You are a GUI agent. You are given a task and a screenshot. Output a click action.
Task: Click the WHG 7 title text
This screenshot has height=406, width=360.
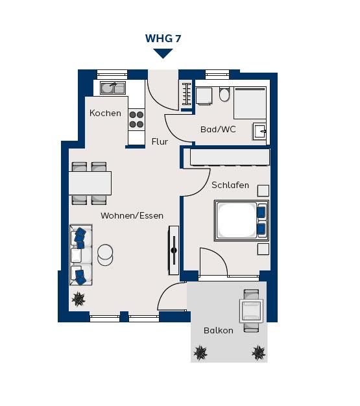163,38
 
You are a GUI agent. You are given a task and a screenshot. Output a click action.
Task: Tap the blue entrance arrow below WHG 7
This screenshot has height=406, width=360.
163,54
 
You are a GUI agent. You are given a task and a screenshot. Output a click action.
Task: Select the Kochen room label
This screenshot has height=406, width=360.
105,113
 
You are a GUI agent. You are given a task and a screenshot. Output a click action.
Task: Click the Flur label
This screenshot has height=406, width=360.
160,141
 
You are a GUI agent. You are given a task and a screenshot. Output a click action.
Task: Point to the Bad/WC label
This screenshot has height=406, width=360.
218,129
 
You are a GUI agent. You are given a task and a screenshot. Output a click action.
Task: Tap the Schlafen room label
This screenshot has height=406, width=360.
230,185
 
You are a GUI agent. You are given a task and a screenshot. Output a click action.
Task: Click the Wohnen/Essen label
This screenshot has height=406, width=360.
132,216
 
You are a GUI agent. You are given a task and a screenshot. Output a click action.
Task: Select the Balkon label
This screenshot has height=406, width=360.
219,330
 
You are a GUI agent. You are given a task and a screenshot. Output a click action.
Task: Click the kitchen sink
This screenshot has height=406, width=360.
113,88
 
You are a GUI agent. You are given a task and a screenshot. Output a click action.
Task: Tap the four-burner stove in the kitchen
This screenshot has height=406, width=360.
136,119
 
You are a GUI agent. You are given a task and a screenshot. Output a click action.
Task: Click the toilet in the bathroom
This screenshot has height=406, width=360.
224,94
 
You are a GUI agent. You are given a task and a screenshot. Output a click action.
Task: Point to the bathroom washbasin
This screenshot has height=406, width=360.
259,131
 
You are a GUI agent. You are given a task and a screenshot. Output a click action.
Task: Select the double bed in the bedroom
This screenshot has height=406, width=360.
241,221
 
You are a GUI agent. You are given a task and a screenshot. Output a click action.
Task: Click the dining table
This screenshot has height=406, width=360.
90,183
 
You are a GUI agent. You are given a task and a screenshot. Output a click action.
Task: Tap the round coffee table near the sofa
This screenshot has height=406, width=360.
105,255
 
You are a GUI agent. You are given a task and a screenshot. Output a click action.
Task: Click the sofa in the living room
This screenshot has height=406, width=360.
81,255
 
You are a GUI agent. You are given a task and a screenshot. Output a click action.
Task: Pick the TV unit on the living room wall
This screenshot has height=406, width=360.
174,250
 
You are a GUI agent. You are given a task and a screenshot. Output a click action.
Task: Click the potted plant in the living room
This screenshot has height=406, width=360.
78,299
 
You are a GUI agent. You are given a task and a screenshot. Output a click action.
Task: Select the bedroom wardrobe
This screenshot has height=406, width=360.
230,157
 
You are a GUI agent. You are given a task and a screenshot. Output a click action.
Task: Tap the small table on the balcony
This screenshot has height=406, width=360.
251,311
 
